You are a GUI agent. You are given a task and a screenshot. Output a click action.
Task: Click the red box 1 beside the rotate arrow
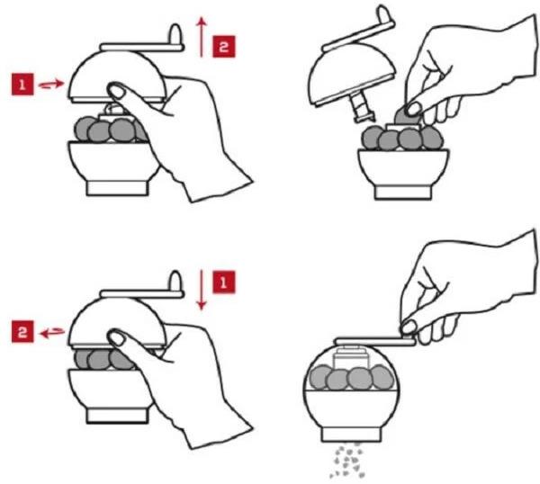click(22, 85)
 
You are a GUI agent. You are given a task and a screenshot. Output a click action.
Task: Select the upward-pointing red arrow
click(200, 33)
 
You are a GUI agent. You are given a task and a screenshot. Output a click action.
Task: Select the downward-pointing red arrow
click(200, 291)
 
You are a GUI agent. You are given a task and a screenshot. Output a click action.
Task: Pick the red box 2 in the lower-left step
click(22, 332)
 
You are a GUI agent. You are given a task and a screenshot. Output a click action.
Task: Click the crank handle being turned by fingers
click(373, 338)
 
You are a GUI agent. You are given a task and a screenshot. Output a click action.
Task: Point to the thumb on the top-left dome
click(117, 90)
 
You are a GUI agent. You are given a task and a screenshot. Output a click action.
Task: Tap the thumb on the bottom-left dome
click(117, 337)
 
